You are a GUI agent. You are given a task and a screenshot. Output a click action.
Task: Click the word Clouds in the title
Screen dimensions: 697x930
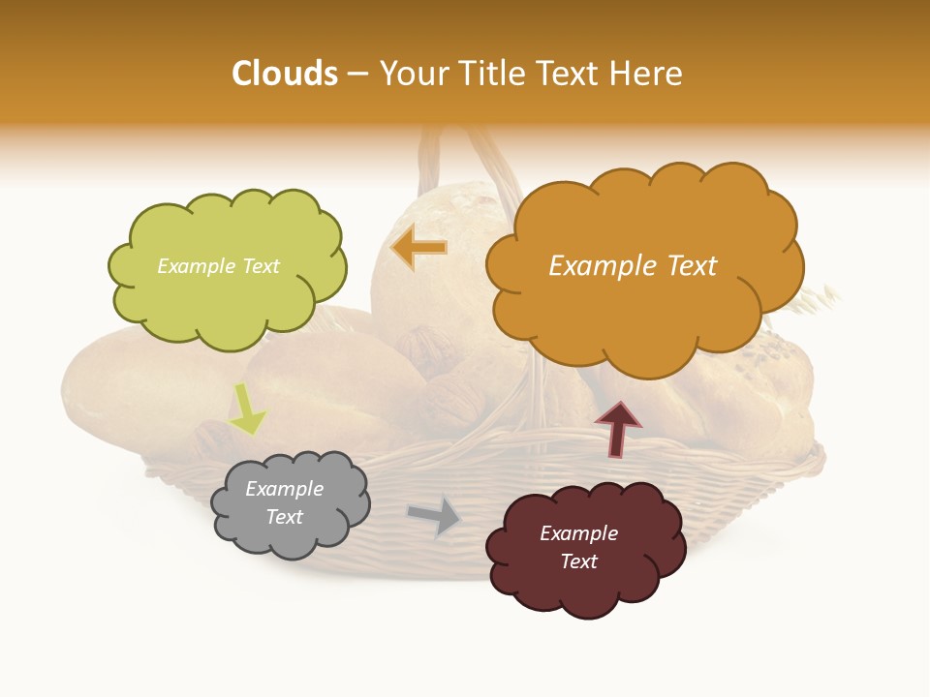click(285, 74)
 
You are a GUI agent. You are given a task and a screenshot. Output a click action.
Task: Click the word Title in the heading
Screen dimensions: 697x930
click(485, 74)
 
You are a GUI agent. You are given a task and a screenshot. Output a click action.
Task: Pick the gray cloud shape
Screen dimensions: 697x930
click(289, 503)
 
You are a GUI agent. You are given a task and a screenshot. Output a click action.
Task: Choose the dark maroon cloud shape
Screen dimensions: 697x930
click(584, 548)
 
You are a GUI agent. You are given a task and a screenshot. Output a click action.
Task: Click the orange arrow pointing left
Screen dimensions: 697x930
click(419, 249)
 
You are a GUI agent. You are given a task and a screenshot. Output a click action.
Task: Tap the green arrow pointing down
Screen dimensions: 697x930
click(247, 409)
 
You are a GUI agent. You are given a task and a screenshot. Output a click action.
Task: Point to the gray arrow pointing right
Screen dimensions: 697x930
click(435, 516)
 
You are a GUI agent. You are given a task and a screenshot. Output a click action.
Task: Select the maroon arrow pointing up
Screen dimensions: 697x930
click(617, 429)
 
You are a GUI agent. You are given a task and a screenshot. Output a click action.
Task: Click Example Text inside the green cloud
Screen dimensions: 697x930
click(218, 266)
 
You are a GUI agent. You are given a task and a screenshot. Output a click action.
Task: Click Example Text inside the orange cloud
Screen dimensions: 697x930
click(633, 266)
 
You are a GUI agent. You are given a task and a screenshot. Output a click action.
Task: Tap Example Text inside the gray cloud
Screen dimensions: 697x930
click(284, 502)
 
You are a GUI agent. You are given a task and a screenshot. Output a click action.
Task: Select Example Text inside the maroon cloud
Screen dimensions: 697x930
click(578, 547)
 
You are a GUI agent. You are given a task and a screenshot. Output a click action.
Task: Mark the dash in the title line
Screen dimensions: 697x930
click(357, 75)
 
